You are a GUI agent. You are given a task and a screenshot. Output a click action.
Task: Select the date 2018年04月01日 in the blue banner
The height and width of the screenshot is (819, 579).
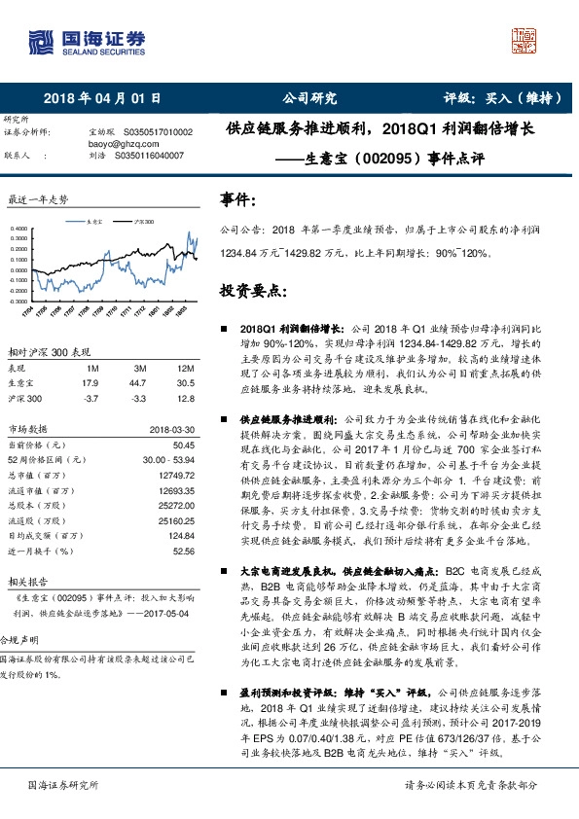(102, 98)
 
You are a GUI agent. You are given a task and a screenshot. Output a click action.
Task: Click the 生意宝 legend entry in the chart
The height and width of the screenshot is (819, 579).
(94, 222)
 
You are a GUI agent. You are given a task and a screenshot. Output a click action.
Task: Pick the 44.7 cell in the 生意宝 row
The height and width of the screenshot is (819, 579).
(140, 383)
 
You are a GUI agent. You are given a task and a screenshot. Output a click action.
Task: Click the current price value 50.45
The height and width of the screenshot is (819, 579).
(183, 445)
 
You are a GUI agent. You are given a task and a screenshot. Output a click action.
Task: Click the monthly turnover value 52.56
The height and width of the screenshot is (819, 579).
(183, 550)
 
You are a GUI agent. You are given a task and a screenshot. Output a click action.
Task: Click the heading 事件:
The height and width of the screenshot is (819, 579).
(238, 201)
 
